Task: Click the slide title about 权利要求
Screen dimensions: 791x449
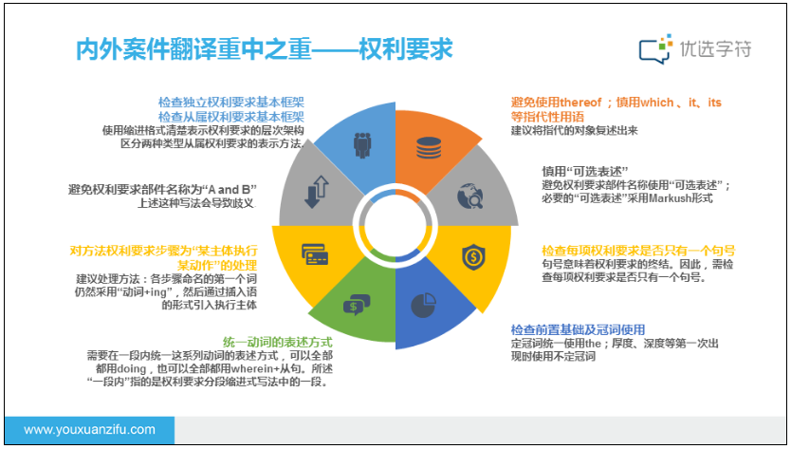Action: (x=264, y=49)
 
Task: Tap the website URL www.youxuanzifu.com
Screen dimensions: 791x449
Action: (x=90, y=430)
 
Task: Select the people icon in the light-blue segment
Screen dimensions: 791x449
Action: (x=362, y=145)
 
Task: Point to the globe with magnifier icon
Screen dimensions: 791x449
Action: (x=470, y=196)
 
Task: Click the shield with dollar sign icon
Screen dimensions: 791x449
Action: (x=473, y=256)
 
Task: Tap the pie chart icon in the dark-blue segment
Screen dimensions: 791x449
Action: (x=423, y=305)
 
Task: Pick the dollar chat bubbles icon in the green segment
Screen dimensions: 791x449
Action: (x=357, y=305)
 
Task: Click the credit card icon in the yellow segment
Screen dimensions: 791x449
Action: (x=315, y=254)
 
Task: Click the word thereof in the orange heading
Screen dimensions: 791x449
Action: (x=580, y=103)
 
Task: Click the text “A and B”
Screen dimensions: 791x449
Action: (x=230, y=190)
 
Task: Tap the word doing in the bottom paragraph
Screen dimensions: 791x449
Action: (x=131, y=368)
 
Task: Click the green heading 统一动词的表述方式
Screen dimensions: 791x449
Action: (x=278, y=342)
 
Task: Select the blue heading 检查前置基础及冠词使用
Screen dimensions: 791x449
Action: (x=579, y=329)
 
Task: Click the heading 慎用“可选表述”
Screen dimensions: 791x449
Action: (x=585, y=171)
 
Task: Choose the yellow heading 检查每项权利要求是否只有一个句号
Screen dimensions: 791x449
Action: (x=638, y=251)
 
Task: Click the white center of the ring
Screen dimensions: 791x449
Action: (x=395, y=226)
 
